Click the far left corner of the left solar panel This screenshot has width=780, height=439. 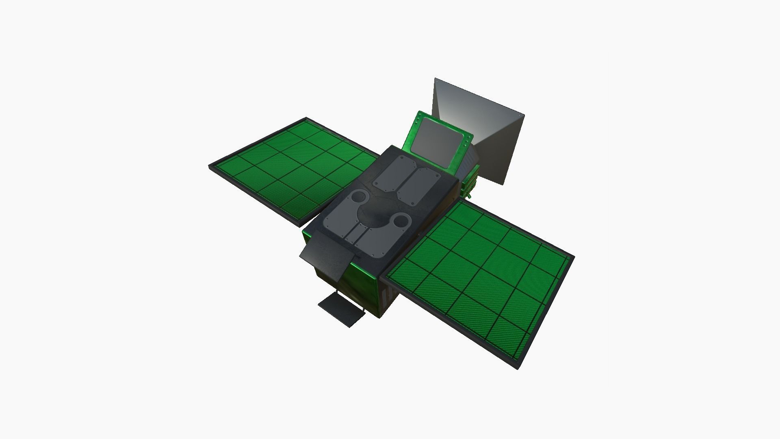pyautogui.click(x=210, y=166)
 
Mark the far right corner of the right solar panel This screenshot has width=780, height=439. pyautogui.click(x=574, y=257)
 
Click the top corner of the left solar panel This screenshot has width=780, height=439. pyautogui.click(x=306, y=118)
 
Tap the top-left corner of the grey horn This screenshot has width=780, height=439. pyautogui.click(x=435, y=78)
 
